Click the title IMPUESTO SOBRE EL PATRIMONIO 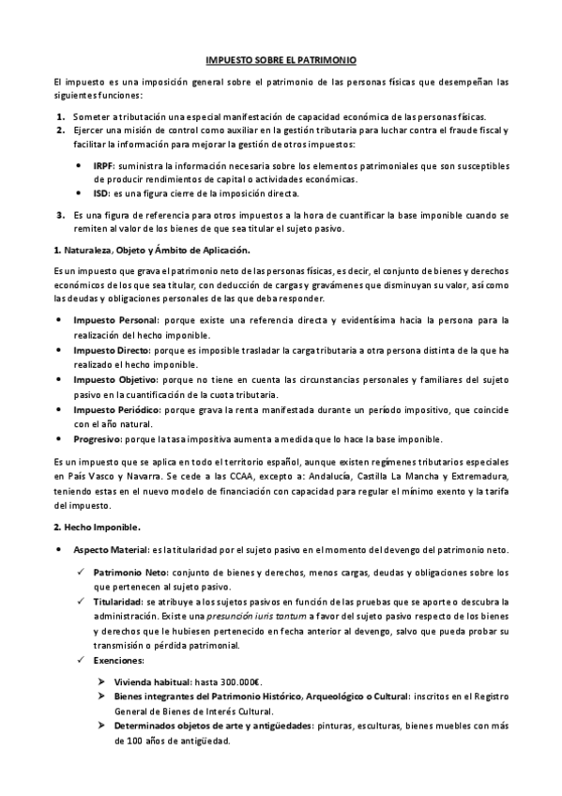(x=281, y=58)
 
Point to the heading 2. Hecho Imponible (x=98, y=527)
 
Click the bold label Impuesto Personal (x=114, y=322)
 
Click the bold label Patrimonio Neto (x=130, y=572)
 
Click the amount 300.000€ (x=243, y=682)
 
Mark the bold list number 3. (x=60, y=215)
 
